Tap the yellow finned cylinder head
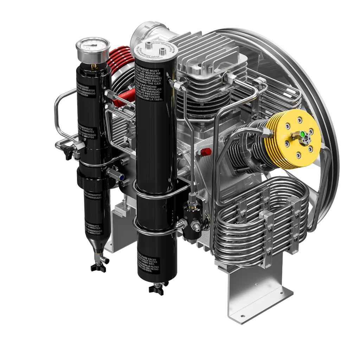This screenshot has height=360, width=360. click(297, 141)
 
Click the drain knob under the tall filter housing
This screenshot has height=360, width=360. click(154, 289)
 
